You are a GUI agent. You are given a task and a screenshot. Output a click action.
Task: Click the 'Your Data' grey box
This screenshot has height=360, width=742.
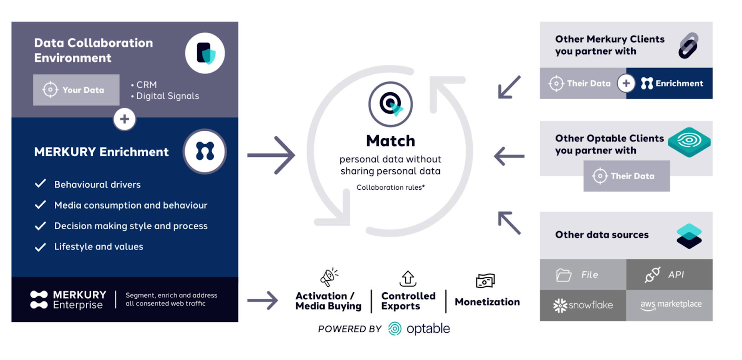pos(76,90)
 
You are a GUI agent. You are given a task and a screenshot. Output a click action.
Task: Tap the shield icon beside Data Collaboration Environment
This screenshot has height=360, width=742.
pos(205,53)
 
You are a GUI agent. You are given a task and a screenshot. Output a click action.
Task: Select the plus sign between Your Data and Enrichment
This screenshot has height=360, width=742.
pos(124,119)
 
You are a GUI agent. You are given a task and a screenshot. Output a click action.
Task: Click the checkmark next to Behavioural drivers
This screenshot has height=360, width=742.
pos(40,184)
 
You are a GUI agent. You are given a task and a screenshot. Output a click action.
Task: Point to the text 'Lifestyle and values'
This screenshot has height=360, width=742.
pos(98,247)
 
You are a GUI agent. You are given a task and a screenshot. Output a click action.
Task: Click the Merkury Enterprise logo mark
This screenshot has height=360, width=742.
pos(39,300)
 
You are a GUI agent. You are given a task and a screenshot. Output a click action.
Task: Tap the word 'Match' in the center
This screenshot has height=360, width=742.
pos(390,141)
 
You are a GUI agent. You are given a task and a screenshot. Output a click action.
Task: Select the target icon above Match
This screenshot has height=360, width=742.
pos(390,104)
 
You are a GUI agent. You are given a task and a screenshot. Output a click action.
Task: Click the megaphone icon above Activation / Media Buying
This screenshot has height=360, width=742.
pos(329,277)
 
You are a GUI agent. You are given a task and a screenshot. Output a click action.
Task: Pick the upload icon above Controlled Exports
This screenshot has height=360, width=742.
pos(408,278)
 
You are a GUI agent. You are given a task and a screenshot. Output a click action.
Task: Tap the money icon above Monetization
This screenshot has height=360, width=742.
pos(485,281)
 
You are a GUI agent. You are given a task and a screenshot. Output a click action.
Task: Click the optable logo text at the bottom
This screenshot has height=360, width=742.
pos(428,329)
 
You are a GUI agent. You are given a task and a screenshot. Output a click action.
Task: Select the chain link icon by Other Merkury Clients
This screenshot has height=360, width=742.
pos(688,45)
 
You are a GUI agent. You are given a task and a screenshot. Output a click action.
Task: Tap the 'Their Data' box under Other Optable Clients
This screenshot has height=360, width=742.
pos(627,176)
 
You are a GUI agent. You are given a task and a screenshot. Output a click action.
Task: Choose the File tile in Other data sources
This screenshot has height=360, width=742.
pos(583,275)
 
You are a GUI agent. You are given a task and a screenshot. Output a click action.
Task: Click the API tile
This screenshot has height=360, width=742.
pos(669,275)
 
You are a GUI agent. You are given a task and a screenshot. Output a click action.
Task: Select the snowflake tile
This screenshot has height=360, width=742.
pos(583,305)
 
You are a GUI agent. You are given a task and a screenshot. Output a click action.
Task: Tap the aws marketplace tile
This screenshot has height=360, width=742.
pos(669,305)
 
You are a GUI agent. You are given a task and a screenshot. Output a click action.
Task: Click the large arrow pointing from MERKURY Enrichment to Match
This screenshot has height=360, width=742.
pos(271,155)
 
